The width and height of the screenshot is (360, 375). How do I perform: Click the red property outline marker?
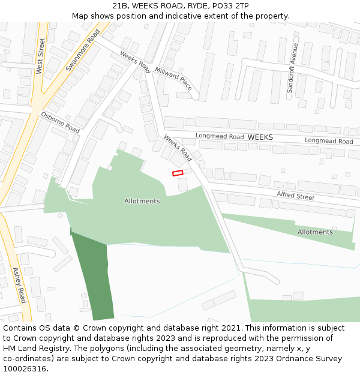pos(178,173)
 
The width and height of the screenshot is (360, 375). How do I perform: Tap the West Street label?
pos(41,56)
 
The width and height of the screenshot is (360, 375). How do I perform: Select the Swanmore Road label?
pos(82,50)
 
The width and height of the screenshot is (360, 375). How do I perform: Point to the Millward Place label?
pos(173,79)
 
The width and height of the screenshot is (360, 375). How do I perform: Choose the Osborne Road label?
pos(60,122)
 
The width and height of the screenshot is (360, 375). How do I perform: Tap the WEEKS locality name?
pos(260,137)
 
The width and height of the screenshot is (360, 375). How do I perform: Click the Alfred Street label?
pos(295,196)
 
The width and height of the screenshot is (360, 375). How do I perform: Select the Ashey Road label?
pos(19,285)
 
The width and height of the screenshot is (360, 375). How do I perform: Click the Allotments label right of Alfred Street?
pos(315,232)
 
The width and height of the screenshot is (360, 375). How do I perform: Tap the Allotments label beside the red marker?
pos(142,201)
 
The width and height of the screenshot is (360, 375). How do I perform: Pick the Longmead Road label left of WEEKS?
pos(220,137)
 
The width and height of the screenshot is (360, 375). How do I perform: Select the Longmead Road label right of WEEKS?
pos(329,141)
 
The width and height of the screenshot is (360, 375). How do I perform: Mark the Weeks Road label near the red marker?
pos(178,148)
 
